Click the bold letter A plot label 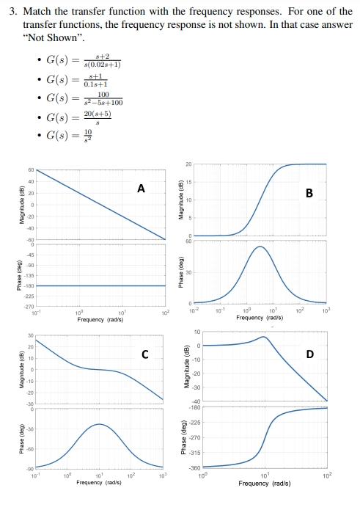pos(141,189)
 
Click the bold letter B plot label pos(309,193)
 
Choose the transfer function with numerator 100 pos(82,98)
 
